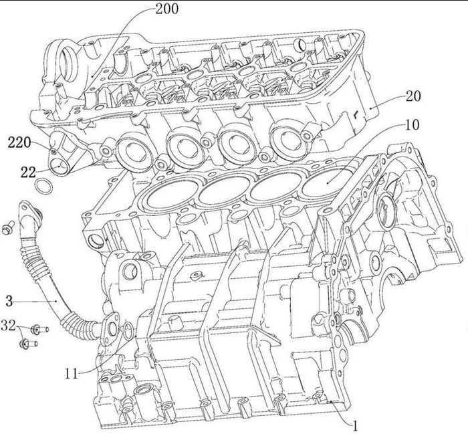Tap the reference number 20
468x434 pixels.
click(x=413, y=96)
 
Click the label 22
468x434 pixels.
click(x=27, y=172)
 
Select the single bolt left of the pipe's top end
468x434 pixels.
click(x=9, y=227)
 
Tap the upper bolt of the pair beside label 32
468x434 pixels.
click(x=37, y=329)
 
